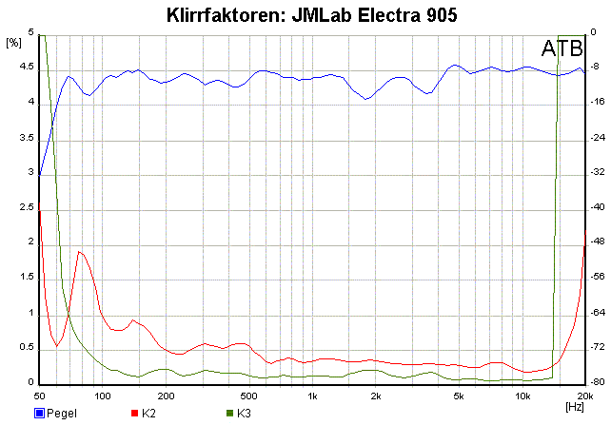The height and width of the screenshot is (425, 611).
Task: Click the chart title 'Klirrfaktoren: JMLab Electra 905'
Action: tap(305, 14)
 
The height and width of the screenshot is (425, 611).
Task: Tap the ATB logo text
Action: tap(562, 48)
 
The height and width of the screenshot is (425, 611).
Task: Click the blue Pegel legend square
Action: tap(40, 414)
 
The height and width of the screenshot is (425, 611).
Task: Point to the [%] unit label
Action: tap(13, 43)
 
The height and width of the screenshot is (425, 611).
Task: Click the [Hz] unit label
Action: tap(574, 406)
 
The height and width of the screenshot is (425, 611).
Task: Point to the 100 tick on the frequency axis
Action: tap(103, 395)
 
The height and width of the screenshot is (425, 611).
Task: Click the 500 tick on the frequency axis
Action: tap(249, 395)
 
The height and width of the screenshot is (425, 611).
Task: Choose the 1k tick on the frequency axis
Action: tap(312, 395)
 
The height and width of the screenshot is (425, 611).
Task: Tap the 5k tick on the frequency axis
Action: tap(459, 395)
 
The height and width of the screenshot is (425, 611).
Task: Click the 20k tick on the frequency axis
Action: tap(582, 395)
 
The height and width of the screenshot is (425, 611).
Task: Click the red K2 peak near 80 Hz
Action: tap(80, 252)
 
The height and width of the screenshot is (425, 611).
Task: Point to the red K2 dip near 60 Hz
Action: tap(57, 345)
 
